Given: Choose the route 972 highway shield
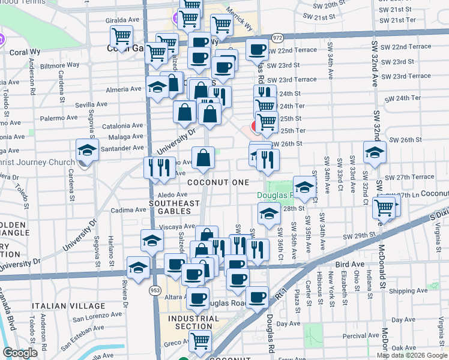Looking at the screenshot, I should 277,37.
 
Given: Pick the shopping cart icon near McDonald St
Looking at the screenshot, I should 383,208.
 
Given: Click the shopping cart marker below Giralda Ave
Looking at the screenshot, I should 122,37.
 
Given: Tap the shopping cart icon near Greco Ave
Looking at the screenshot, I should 200,341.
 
